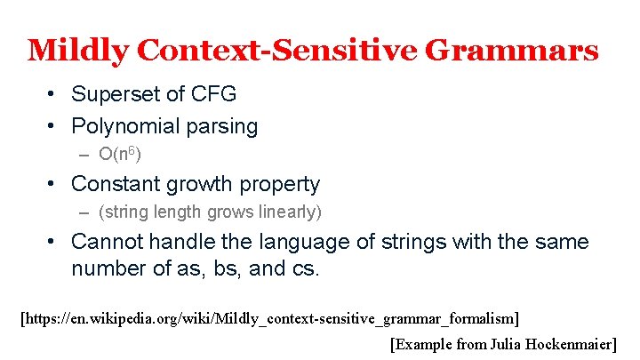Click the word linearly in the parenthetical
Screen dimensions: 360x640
290,212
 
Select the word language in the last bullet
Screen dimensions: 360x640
284,241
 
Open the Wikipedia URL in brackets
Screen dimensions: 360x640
269,317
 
